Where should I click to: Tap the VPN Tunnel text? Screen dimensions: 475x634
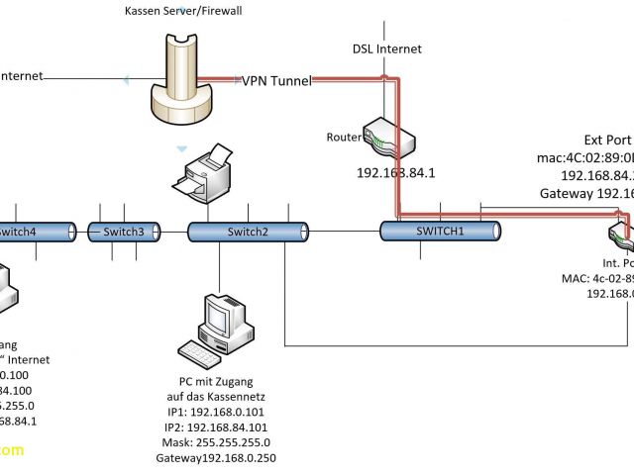pyautogui.click(x=277, y=81)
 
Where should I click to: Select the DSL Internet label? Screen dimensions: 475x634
pyautogui.click(x=387, y=48)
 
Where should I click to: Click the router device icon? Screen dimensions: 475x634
pyautogui.click(x=385, y=137)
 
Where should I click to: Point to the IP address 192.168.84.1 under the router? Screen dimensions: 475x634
pyautogui.click(x=397, y=171)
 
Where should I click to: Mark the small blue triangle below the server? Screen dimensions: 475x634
pyautogui.click(x=181, y=149)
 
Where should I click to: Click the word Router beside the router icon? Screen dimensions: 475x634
pyautogui.click(x=344, y=137)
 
